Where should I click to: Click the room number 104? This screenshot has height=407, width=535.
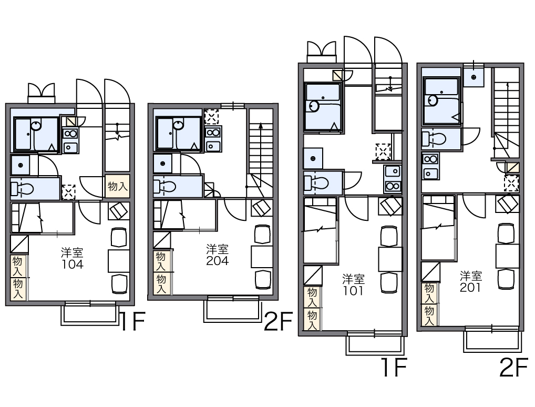tap(73, 264)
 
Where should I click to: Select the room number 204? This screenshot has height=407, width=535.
tap(218, 261)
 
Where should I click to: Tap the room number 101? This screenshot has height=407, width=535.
tap(353, 291)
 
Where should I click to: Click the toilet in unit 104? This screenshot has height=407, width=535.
tap(23, 188)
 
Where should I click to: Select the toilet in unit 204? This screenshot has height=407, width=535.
tap(165, 187)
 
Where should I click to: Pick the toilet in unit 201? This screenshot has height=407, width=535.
tap(434, 139)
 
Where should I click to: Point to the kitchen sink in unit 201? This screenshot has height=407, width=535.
tap(430, 173)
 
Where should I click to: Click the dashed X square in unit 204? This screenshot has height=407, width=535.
tap(211, 117)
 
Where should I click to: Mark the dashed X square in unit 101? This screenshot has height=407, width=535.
tap(383, 151)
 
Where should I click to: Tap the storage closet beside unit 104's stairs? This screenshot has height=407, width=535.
tap(117, 186)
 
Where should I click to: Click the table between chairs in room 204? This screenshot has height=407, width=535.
tap(262, 256)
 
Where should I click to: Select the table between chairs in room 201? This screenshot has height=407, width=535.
tap(507, 256)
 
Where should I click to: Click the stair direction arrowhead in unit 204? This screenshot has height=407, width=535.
tap(261, 125)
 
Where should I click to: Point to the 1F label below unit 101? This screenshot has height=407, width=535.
tap(394, 367)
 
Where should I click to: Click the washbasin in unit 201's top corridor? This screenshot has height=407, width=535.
tap(473, 77)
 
